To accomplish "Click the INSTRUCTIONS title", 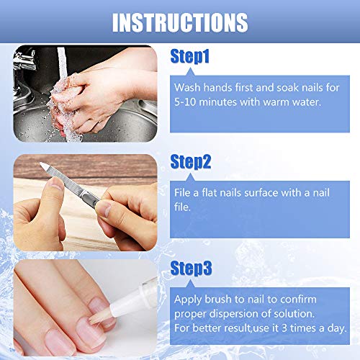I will pyautogui.click(x=180, y=22).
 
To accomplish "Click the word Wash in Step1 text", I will pyautogui.click(x=188, y=86).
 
